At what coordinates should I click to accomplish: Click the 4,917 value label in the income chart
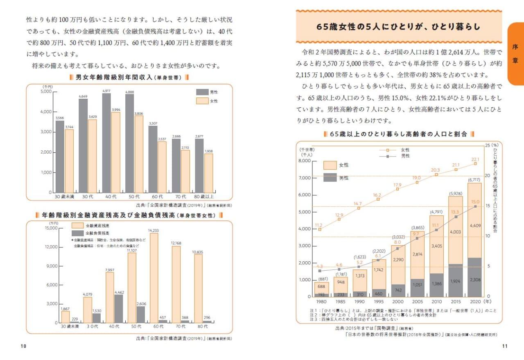click(x=106, y=91)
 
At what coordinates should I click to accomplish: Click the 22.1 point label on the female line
click(x=475, y=159)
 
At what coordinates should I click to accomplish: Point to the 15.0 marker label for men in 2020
click(x=475, y=202)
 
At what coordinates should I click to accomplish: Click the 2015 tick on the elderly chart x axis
click(x=455, y=302)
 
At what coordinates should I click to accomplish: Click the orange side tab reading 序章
click(x=515, y=54)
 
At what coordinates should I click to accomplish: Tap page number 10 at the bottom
click(x=23, y=346)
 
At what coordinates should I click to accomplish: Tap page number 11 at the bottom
click(x=504, y=346)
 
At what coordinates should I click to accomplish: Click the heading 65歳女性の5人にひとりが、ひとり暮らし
click(x=398, y=27)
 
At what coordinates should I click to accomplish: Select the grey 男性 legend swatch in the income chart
click(x=202, y=92)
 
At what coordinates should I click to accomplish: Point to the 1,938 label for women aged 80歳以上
click(x=209, y=151)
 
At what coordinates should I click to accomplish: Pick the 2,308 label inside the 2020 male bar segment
click(x=474, y=280)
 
